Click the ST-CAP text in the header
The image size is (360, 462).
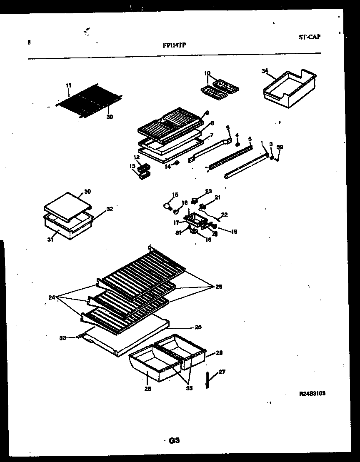309,37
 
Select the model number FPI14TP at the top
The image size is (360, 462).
174,45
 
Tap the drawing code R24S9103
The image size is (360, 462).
312,393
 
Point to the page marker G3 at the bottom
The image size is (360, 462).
174,440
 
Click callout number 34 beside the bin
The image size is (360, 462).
265,71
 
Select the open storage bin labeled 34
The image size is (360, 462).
285,87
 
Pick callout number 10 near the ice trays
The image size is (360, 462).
207,74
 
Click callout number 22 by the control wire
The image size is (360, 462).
224,215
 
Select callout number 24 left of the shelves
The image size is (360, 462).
51,297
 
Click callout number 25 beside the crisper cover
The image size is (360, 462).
198,327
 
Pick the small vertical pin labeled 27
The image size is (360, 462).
207,380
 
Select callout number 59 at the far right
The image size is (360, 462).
280,147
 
